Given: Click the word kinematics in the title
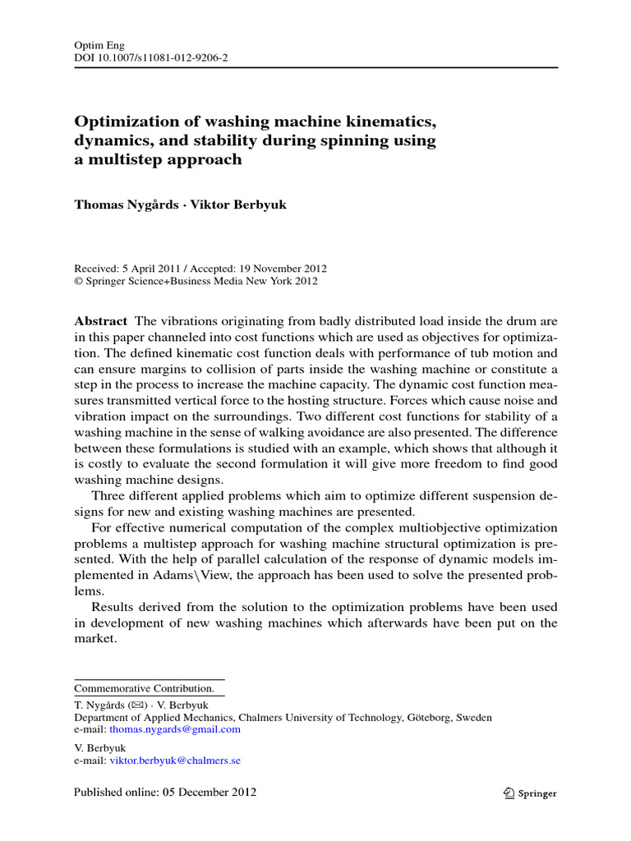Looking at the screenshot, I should (386, 122).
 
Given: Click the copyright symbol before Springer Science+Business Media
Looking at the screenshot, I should (79, 281).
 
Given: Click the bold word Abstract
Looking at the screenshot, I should (100, 321).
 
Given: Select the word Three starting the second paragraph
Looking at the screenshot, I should (108, 495).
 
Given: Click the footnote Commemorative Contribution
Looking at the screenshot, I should (144, 687).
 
